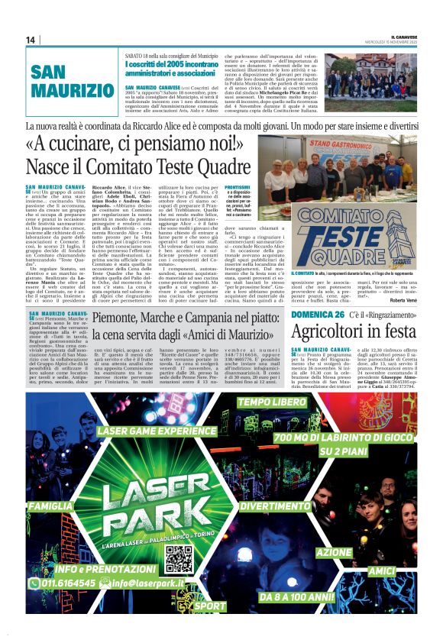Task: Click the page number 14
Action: coord(31,40)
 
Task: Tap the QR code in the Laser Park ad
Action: coord(178,559)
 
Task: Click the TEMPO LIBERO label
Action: coord(271,402)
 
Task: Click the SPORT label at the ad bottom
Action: coord(209,606)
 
